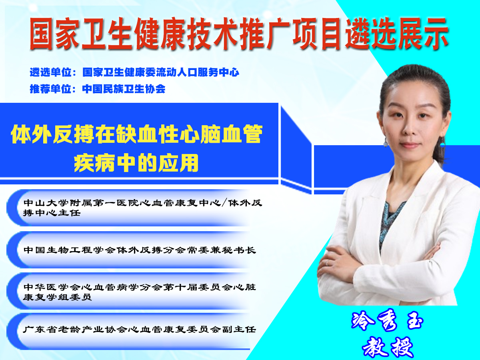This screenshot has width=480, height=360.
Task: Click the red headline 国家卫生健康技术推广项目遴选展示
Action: pos(239,34)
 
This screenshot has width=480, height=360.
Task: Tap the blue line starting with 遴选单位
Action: pos(134,72)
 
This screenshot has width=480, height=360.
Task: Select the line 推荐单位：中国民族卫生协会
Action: pos(98,89)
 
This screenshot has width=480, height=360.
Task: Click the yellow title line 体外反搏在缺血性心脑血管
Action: pos(137,134)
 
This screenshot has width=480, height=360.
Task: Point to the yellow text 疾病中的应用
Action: pos(136,163)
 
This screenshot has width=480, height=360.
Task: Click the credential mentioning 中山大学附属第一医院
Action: pos(142,208)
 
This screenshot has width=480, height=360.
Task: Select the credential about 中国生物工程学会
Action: pos(140,250)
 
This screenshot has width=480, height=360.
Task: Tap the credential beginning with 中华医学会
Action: pos(140,292)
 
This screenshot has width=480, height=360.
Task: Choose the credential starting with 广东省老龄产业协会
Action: pos(139,329)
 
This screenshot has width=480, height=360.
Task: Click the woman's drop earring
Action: pos(386,143)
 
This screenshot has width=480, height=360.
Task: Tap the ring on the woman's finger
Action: pos(327,262)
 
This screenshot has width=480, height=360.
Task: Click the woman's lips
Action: pos(410,145)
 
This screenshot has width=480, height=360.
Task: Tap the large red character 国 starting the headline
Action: pos(41,34)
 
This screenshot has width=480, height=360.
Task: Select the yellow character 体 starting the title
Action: pos(20,134)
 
